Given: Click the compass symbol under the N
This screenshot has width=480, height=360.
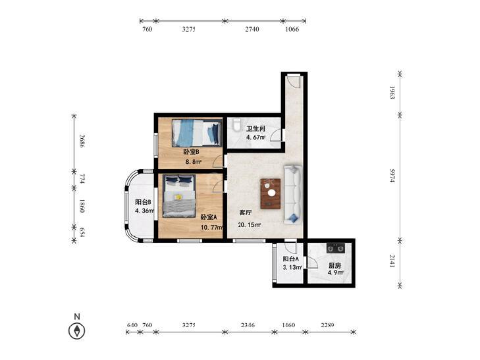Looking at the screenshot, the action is (76, 331).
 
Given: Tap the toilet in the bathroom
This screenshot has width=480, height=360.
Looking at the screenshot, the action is (236, 125).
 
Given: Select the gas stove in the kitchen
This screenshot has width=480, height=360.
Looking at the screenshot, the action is (336, 248).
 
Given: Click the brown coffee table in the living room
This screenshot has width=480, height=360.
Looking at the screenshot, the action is (271, 193).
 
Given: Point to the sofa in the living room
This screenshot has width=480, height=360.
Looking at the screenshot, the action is (293, 194).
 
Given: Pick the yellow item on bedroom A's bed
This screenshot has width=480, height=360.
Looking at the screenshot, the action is (178, 197).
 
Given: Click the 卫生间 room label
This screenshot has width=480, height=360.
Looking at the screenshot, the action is (255, 129).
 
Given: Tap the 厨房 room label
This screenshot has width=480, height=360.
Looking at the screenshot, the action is (335, 266).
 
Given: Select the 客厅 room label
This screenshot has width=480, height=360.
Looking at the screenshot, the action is (246, 213).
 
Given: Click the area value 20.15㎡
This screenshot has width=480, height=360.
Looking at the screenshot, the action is (249, 225).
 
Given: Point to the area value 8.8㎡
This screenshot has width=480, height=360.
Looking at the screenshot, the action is (194, 162).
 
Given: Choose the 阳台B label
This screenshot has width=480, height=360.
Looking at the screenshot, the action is (143, 202).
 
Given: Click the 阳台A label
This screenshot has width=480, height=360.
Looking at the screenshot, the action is (290, 259).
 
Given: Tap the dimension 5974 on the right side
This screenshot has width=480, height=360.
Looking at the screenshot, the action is (392, 175).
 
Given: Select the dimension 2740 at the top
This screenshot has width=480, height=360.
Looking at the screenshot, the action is (252, 30).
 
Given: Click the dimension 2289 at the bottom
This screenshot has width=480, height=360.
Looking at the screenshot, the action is (327, 325).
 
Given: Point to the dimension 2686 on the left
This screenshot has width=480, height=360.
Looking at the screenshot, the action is (82, 141).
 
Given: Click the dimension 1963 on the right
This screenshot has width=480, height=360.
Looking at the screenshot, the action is (392, 92).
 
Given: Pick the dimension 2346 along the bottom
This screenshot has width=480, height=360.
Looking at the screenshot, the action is (248, 325).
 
